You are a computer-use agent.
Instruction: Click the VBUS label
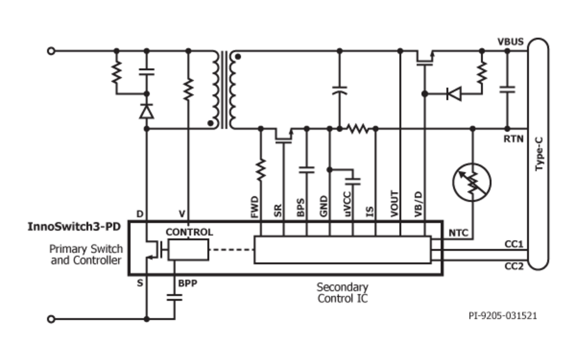point(511,42)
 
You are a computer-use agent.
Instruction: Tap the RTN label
point(513,139)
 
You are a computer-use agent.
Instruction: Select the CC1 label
point(514,244)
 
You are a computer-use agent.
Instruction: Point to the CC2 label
point(514,266)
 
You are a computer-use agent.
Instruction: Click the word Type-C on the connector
point(539,154)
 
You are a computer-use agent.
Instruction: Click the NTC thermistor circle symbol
point(472,182)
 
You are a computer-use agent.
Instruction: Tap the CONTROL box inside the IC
point(188,249)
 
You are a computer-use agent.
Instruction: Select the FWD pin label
point(254,207)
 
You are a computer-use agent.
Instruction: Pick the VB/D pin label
point(418,205)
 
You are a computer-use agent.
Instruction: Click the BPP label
point(187,282)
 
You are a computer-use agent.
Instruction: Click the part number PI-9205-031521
point(503,315)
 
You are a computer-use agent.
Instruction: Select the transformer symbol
point(224,90)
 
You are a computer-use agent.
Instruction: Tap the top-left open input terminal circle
point(51,51)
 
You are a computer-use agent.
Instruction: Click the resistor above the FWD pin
point(261,170)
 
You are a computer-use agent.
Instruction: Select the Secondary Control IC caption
point(342,293)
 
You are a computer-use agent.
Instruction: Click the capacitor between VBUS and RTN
point(507,90)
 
